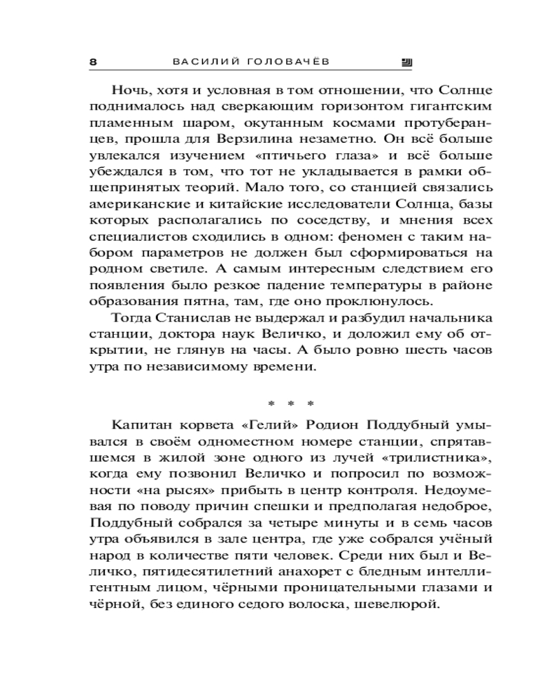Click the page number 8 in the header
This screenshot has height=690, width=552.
pyautogui.click(x=93, y=61)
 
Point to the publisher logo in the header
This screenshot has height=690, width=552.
pyautogui.click(x=406, y=61)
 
